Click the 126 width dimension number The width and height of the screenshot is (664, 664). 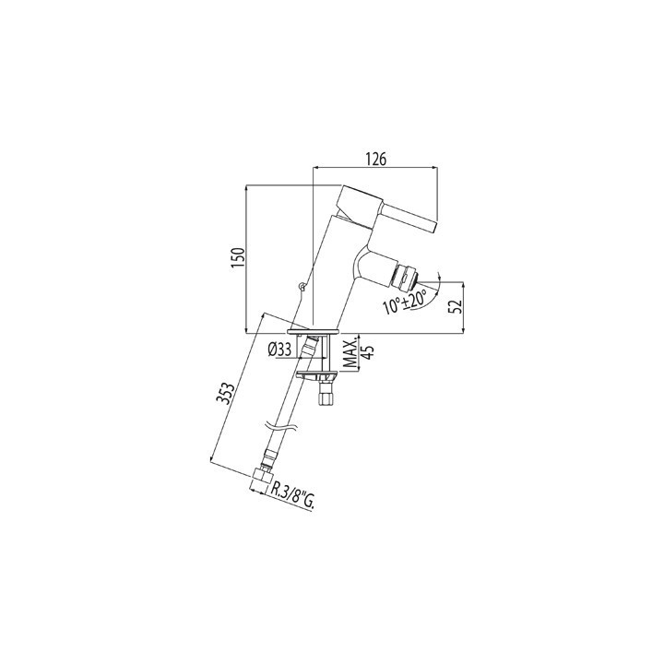click(x=376, y=160)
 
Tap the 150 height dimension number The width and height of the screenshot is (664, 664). click(x=238, y=257)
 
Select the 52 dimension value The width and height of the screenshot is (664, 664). click(x=455, y=305)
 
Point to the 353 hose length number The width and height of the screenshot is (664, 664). click(x=227, y=394)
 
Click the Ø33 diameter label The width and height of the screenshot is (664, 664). click(x=280, y=350)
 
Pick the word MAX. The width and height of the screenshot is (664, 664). click(x=349, y=353)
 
